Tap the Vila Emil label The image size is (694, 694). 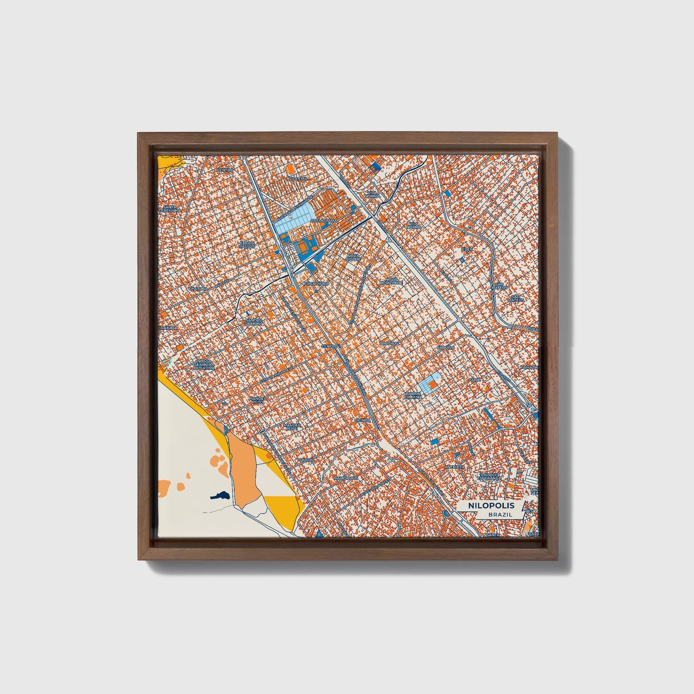click(297, 178)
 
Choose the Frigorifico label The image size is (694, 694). click(316, 284)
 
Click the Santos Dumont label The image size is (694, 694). click(254, 321)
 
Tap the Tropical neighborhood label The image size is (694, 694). click(390, 343)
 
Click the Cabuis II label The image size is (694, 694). click(445, 347)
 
